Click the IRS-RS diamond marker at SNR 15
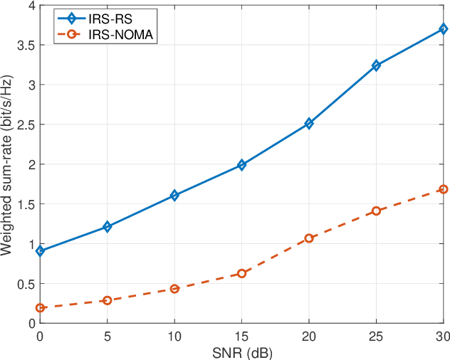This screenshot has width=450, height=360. tap(241, 164)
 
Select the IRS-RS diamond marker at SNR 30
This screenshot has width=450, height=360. tap(443, 29)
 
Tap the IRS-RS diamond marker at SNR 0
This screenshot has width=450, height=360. tap(40, 251)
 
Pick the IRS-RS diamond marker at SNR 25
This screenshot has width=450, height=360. tap(376, 65)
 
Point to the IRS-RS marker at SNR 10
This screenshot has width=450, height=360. tap(174, 195)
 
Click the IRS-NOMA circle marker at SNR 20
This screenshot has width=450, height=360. tap(309, 238)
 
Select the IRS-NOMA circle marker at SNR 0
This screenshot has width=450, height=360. tap(40, 308)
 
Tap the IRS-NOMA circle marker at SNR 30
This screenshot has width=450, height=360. tap(443, 189)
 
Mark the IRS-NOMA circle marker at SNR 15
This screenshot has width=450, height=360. tap(241, 273)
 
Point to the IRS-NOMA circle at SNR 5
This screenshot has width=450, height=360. tap(108, 300)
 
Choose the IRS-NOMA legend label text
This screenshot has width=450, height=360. tap(121, 33)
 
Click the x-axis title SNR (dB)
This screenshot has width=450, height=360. tap(241, 351)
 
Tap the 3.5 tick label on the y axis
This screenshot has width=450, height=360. tap(26, 45)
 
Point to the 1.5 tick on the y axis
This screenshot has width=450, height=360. tap(26, 204)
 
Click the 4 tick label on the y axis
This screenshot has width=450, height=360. tap(31, 6)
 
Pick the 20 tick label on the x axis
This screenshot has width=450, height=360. tap(309, 335)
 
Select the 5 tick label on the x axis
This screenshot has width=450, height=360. tap(108, 335)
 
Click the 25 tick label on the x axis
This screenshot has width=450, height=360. tap(376, 335)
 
